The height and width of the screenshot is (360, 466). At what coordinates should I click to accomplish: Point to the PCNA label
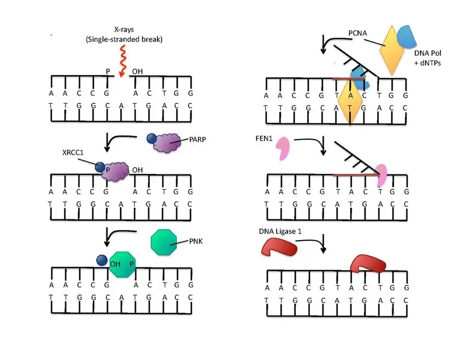[x=358, y=34]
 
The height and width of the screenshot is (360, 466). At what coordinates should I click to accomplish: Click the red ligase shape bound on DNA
[x=367, y=264]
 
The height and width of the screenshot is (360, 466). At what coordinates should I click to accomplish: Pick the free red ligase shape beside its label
[x=280, y=248]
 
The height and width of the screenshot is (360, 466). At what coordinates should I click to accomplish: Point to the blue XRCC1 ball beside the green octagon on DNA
[x=101, y=261]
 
